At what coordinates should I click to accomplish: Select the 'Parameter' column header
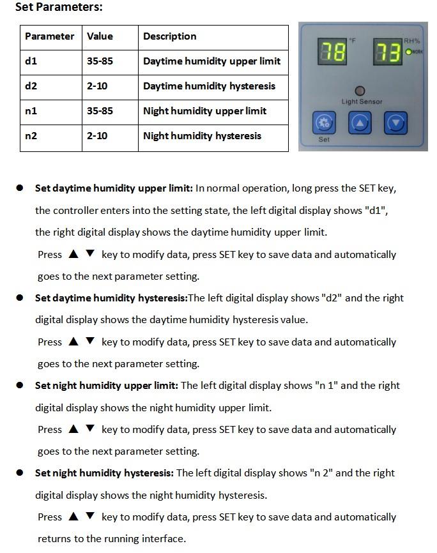(x=50, y=36)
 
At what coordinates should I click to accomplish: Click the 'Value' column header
(x=100, y=36)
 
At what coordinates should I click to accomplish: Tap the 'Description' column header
(x=169, y=36)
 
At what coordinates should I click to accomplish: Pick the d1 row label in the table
(x=31, y=61)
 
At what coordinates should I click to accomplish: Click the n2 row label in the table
(x=31, y=135)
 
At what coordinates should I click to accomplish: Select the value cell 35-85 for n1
(x=100, y=110)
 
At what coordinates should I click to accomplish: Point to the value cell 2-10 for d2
(x=97, y=86)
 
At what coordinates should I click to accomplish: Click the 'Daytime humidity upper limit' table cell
(x=211, y=61)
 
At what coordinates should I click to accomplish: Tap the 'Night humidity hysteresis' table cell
(x=202, y=135)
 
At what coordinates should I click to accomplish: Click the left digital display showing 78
(x=332, y=52)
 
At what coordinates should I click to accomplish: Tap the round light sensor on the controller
(x=361, y=91)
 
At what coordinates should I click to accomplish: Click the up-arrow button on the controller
(x=360, y=122)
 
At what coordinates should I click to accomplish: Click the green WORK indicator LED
(x=409, y=52)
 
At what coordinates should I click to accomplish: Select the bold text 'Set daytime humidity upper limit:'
(x=114, y=188)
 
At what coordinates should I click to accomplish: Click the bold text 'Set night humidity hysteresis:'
(x=104, y=473)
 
